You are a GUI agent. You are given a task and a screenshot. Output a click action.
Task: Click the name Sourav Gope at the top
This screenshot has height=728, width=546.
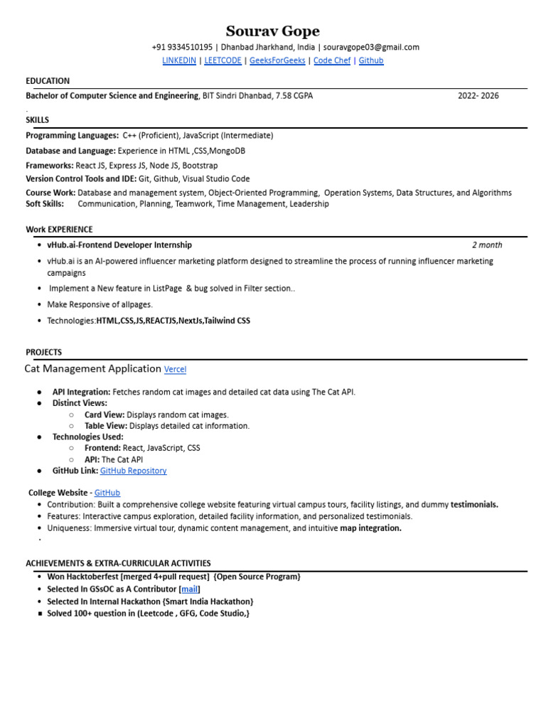point(272,31)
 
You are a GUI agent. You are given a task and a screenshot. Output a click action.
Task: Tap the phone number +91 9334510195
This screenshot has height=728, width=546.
point(182,47)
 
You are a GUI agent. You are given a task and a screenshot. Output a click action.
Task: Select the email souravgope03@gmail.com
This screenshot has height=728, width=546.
point(371,47)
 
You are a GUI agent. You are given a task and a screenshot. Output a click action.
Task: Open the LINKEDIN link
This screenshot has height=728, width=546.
point(179,60)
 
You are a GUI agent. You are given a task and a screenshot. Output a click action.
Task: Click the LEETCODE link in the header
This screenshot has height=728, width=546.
point(223,60)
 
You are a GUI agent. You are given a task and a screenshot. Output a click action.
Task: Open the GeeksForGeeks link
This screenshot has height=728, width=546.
point(277,60)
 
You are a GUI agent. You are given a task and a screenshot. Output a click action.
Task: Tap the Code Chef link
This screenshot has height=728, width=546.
point(332,60)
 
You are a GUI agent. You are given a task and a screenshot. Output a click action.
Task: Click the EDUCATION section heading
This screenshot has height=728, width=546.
point(48,81)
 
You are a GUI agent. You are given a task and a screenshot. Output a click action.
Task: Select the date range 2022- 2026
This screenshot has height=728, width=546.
point(478,95)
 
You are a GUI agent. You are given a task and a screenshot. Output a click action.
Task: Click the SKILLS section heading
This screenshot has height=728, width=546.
point(38,119)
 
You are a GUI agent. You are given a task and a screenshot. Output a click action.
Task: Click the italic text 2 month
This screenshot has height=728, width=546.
point(487,245)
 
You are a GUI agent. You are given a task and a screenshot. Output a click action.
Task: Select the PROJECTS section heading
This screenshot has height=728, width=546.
point(44,352)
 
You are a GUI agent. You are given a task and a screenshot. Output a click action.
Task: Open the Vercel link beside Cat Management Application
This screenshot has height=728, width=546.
point(175,370)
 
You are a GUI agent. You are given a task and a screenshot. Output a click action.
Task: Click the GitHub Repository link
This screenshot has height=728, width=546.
point(133,471)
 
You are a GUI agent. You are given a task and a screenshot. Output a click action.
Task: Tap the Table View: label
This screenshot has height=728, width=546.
point(105,426)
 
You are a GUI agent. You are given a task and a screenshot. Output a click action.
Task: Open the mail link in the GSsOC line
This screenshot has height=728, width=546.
point(190,589)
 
